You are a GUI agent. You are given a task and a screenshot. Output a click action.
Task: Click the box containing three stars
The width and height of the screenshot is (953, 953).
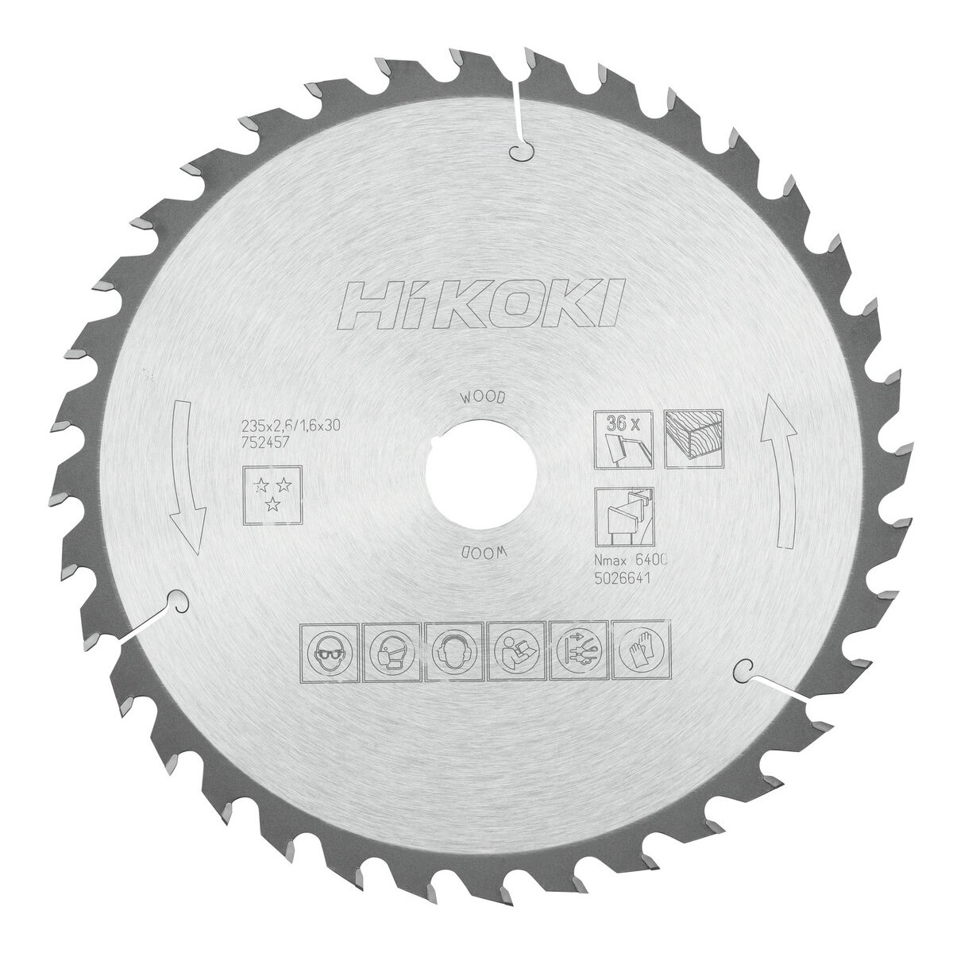(x=272, y=494)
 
